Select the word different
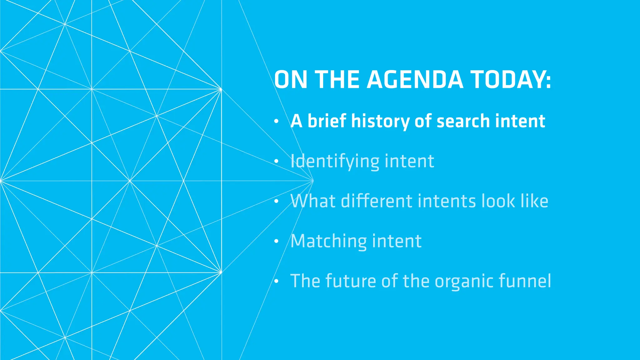(377, 201)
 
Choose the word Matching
(328, 241)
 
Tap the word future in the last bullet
(351, 281)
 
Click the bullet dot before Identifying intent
(276, 161)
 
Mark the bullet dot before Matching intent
(276, 241)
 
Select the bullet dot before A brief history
(276, 121)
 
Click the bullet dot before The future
(276, 281)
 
